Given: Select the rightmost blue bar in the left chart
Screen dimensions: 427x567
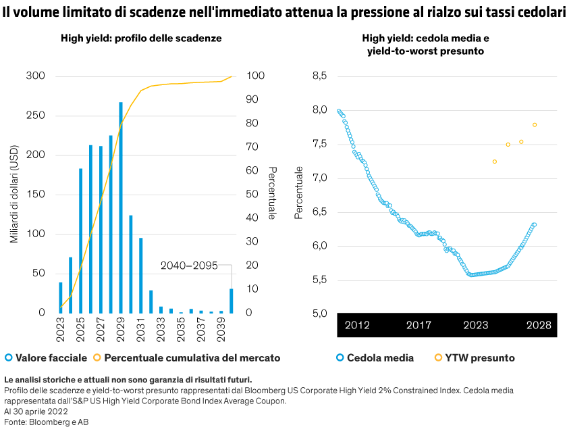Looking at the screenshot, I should (x=232, y=301).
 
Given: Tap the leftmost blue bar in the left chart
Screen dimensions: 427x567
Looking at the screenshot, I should (x=61, y=298).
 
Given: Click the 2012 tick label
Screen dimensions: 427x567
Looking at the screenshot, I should (x=357, y=326).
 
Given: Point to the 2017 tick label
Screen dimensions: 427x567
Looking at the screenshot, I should (x=418, y=326).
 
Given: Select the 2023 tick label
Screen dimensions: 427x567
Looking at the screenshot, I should (x=476, y=326).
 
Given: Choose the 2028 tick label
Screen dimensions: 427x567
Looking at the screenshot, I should (x=539, y=326).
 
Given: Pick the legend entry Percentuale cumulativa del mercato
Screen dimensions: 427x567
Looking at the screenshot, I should (x=187, y=357).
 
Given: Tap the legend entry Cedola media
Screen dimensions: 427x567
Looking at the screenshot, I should (x=375, y=357).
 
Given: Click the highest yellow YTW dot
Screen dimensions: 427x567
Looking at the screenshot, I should (x=535, y=124).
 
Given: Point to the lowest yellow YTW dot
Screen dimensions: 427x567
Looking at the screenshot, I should (x=495, y=161).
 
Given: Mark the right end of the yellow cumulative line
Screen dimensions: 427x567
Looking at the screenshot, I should (x=232, y=76).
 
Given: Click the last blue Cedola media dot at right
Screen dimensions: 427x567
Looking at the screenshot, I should (x=535, y=224).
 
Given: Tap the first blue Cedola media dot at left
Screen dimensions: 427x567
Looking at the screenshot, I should (x=339, y=111).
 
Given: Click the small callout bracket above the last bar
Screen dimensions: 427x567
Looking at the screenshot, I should (x=227, y=266).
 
